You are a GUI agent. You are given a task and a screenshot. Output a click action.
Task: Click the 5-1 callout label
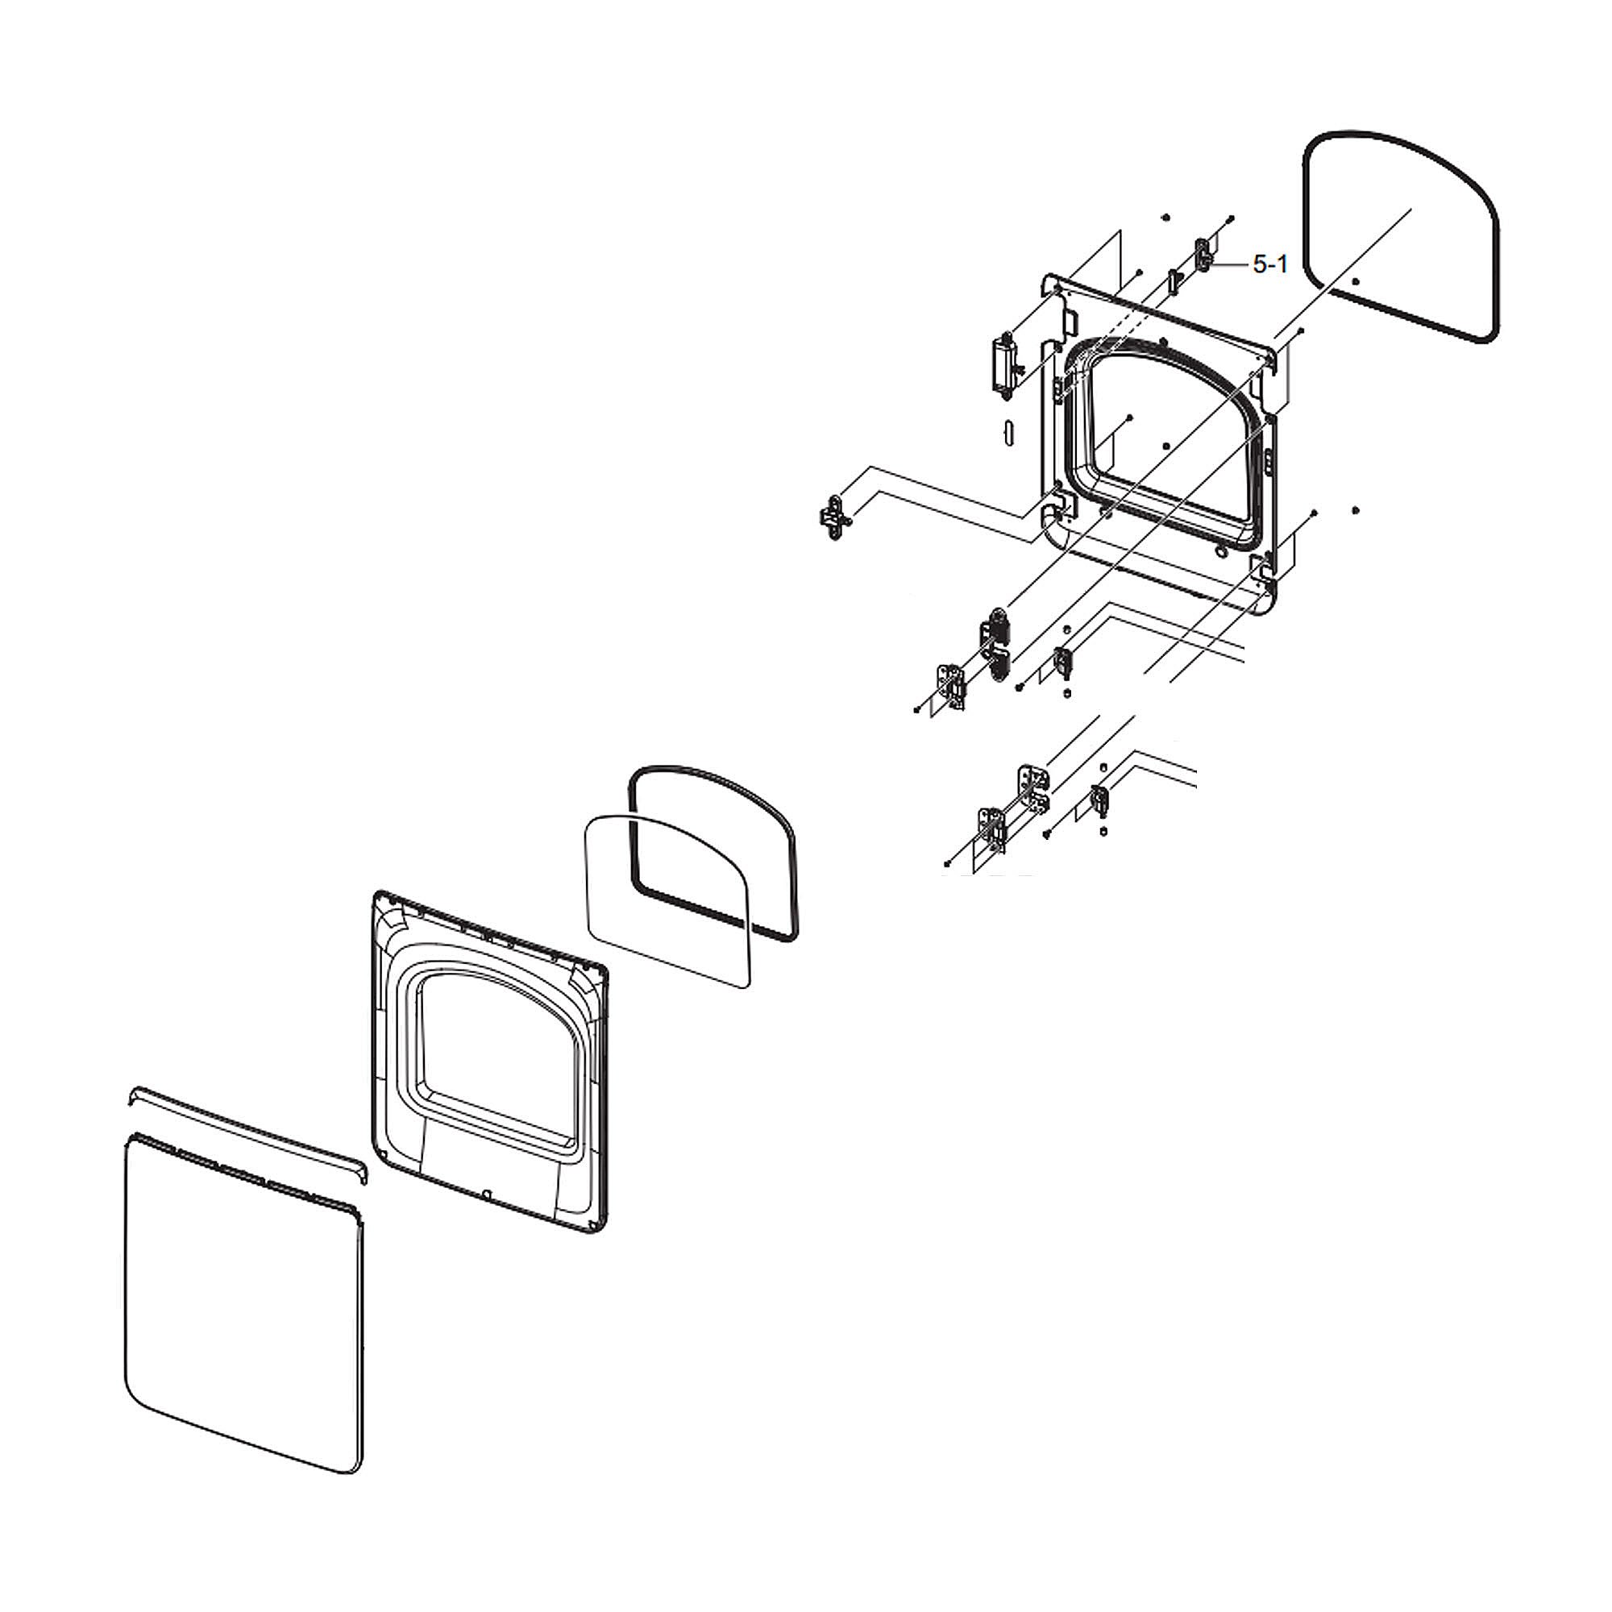1270,264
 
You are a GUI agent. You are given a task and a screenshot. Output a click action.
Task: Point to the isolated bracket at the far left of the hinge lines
834,517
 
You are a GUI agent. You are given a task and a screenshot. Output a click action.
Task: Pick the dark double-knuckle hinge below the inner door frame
995,644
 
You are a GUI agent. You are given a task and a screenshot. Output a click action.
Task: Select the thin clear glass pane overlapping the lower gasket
668,900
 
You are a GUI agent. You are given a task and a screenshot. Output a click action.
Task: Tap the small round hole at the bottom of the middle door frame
489,1194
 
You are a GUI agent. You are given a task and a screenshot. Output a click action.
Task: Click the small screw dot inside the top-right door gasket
1355,281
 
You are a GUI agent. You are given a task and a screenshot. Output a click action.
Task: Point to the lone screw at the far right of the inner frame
1355,510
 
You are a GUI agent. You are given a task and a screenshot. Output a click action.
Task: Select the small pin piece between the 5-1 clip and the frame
1173,281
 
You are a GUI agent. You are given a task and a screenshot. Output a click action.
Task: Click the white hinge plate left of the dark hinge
951,686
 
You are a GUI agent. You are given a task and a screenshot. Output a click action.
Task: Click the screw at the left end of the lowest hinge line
947,864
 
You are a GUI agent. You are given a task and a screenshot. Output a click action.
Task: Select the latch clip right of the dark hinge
1062,662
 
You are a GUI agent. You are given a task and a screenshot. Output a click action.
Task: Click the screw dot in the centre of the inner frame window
1166,447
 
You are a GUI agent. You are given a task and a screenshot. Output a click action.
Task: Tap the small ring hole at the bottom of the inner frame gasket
1220,550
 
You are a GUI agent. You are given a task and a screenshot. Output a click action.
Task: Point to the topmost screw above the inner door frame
1165,217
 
